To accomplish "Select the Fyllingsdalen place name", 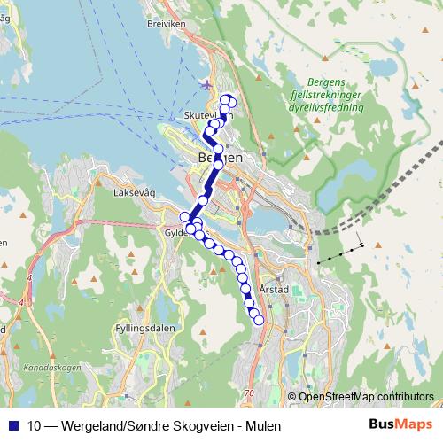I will click(x=140, y=328).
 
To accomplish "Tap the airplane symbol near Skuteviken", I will click(x=206, y=86).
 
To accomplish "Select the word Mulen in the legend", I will click(x=262, y=425).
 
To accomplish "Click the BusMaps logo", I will click(x=401, y=424).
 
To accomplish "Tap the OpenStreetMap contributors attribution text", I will click(x=366, y=396).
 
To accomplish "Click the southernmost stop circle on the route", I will click(x=259, y=321).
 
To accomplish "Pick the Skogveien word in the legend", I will click(x=192, y=425).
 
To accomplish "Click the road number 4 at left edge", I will click(x=29, y=277).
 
